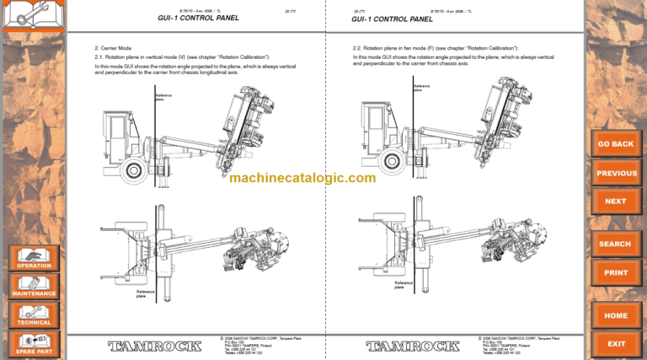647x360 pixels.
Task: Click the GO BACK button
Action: pos(616,144)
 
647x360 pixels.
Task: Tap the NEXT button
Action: pos(616,201)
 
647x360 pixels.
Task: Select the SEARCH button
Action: pos(616,244)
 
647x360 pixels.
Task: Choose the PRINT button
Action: pos(616,273)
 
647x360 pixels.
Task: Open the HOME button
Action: pos(616,316)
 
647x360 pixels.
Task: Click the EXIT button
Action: pos(616,344)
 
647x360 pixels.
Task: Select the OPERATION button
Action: pos(34,258)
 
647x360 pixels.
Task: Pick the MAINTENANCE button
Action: pos(34,286)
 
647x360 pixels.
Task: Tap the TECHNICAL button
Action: pos(34,314)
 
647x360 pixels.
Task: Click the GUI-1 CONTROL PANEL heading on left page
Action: pos(198,18)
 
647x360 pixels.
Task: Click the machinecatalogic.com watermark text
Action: pos(302,178)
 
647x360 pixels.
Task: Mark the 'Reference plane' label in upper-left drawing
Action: pos(163,97)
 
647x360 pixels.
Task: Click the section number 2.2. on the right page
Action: pos(358,48)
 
